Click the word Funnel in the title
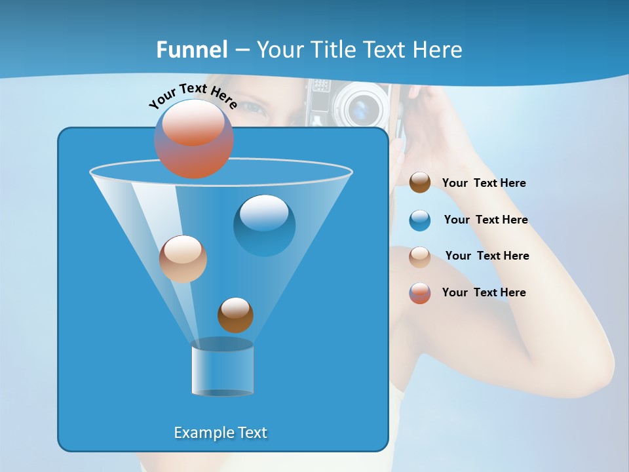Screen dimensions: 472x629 point(192,50)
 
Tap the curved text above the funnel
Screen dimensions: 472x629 point(193,95)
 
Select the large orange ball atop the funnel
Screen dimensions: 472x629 point(194,138)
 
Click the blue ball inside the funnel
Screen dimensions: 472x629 point(264,225)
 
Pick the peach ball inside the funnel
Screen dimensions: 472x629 point(183,259)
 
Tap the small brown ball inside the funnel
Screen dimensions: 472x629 point(235,315)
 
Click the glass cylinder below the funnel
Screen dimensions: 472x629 point(223,367)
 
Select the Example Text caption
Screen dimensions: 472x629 point(221,433)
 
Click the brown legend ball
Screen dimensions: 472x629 point(420,182)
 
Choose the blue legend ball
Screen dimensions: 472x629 point(420,220)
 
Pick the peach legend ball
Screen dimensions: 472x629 point(420,256)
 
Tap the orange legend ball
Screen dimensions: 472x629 point(420,293)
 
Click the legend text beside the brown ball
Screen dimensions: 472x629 point(484,183)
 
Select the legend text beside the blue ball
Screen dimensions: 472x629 point(486,220)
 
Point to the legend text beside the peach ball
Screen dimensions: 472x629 point(487,256)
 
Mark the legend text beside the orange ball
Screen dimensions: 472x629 point(484,292)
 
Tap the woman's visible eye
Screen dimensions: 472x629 point(257,108)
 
